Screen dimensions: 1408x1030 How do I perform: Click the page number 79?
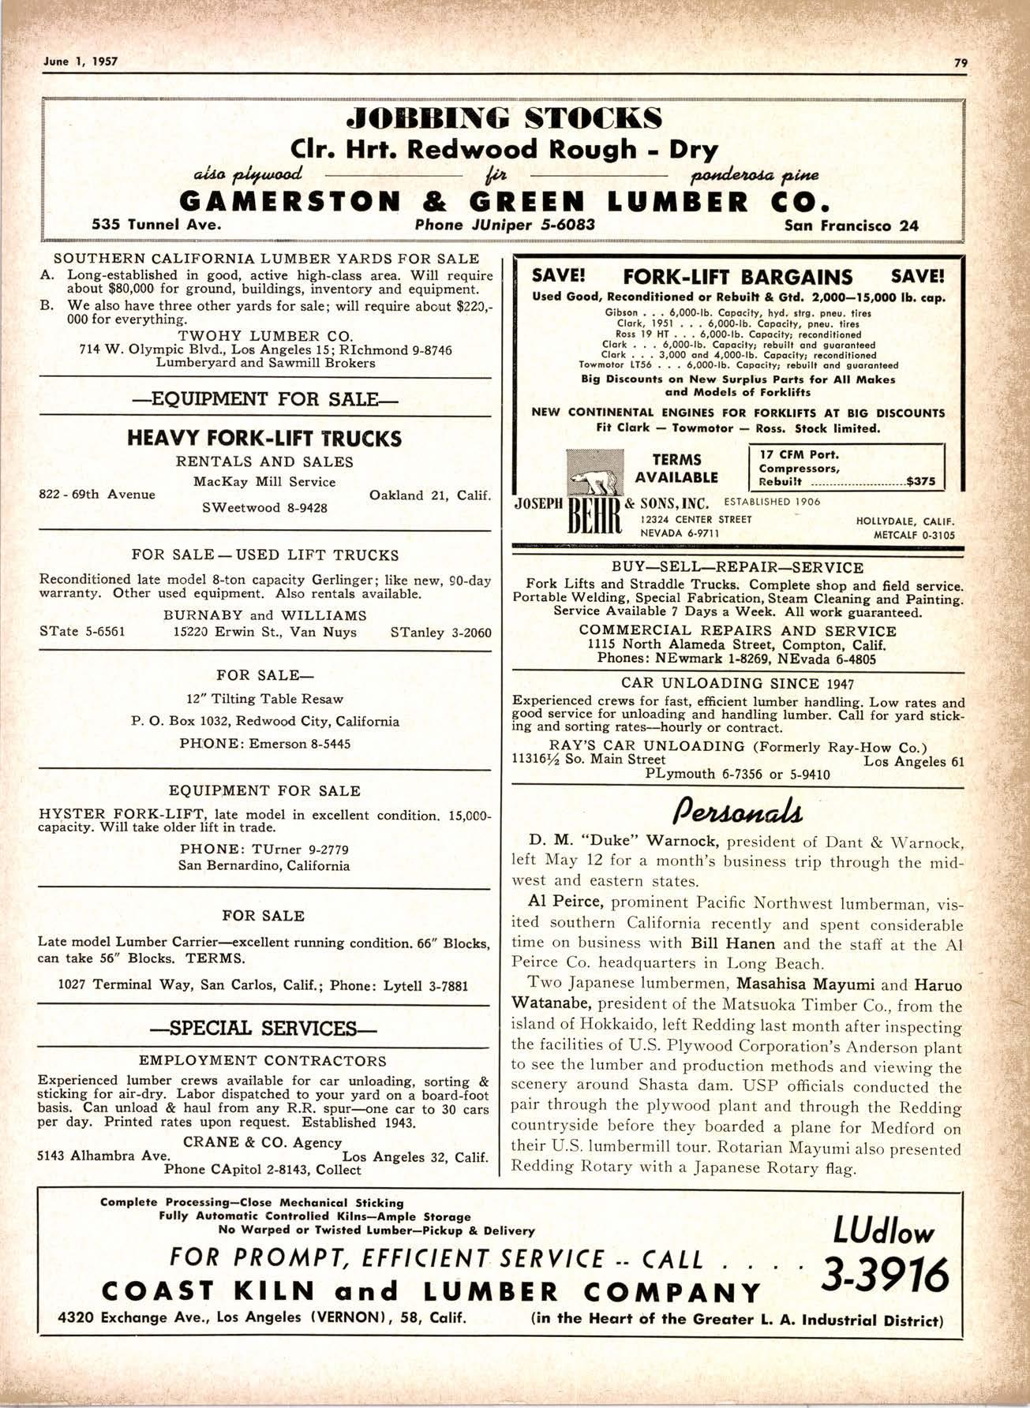[x=961, y=62]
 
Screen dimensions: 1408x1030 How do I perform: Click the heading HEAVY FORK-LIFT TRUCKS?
[x=264, y=439]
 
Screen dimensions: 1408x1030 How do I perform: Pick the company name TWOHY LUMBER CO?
[x=265, y=335]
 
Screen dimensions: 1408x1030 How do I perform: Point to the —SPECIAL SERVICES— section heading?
[x=264, y=1029]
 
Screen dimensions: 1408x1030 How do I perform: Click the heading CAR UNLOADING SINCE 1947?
[x=738, y=683]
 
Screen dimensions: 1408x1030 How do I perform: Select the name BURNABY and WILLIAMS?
[x=265, y=615]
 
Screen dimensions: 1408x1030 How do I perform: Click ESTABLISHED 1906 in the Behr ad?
[x=772, y=502]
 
